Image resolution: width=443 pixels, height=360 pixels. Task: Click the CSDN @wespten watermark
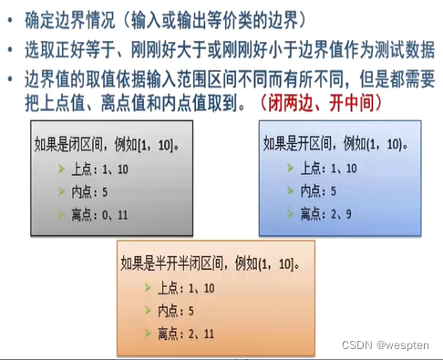(398, 347)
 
